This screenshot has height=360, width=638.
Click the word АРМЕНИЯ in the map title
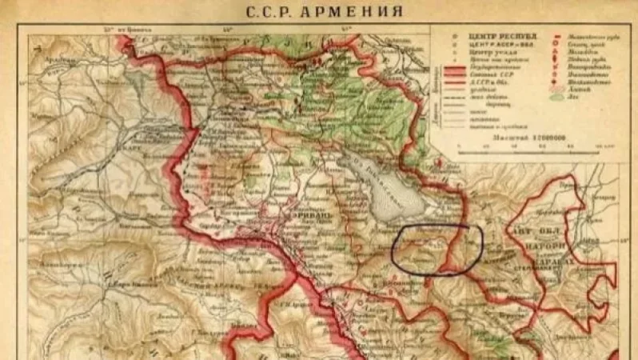point(360,11)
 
